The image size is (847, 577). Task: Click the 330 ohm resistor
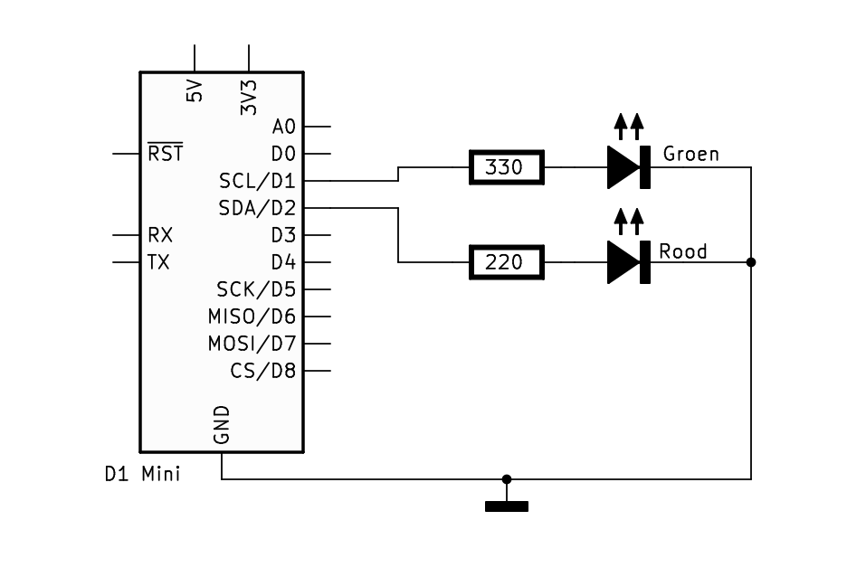point(506,167)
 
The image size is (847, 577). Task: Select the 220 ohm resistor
point(506,262)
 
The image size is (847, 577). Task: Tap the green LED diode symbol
point(628,167)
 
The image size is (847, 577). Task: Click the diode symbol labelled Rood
point(628,262)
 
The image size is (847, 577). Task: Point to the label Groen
point(690,154)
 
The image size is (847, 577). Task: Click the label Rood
point(683,251)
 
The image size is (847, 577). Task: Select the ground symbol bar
point(506,506)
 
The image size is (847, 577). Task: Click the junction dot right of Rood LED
point(750,262)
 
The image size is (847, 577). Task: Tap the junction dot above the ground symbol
point(506,479)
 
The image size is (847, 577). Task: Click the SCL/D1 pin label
point(257,181)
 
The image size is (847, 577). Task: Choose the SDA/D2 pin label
point(257,208)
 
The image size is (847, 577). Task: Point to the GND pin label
point(222,425)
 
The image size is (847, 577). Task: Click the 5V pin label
point(195,91)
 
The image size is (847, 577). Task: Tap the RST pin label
point(166,154)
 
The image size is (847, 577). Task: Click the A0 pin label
point(283,127)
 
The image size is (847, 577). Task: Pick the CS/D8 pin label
point(263,371)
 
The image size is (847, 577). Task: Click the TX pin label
point(159,262)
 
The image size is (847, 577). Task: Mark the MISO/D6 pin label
point(252,317)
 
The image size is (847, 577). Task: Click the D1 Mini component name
point(142,473)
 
